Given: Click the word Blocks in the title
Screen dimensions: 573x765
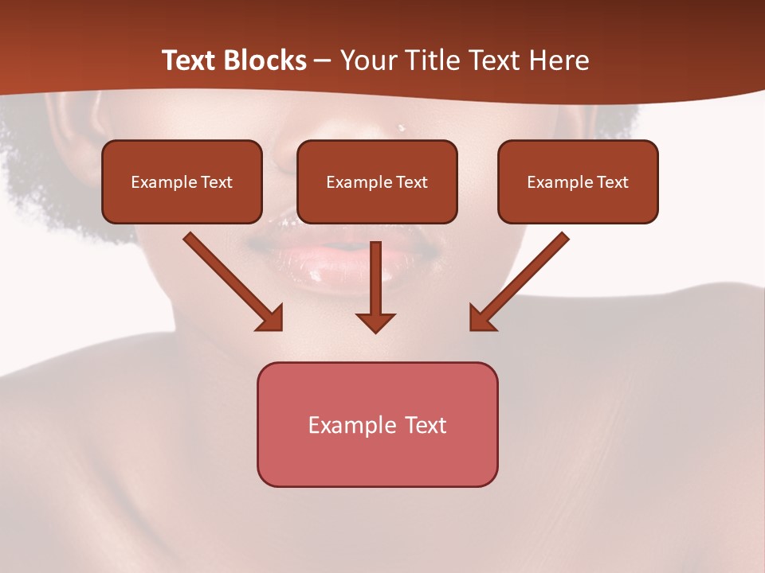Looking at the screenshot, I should coord(266,60).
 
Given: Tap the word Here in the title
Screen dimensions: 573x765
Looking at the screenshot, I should coord(559,60).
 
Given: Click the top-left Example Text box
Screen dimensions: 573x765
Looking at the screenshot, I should coord(182,181).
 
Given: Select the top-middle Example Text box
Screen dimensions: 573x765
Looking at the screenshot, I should coord(377,181).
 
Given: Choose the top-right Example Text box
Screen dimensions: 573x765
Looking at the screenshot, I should coord(578,181).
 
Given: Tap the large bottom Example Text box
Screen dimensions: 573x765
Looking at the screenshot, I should coord(377,424).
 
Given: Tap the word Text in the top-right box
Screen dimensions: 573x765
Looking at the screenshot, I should coord(612,182).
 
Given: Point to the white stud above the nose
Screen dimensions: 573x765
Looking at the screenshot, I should coord(401,127).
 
